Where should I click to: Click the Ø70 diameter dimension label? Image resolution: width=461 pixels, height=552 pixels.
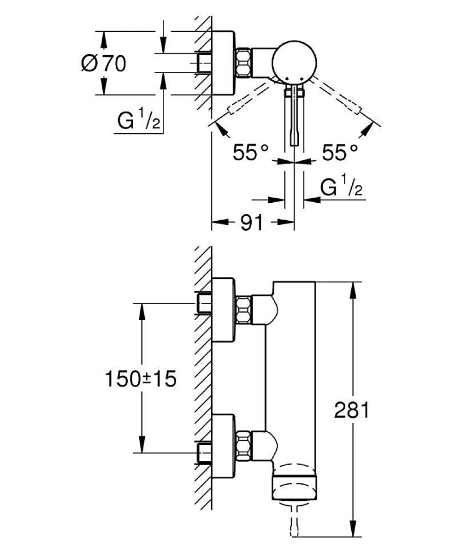click(x=104, y=64)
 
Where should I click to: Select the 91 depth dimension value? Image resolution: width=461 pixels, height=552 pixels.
click(x=251, y=223)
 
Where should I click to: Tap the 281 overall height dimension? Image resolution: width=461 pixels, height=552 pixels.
click(x=352, y=410)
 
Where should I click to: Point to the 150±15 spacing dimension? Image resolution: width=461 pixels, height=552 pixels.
click(x=141, y=379)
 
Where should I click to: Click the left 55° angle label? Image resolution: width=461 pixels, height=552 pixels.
click(x=250, y=153)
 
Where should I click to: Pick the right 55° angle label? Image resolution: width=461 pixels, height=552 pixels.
click(x=339, y=153)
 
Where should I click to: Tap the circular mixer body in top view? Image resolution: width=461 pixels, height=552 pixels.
click(x=295, y=62)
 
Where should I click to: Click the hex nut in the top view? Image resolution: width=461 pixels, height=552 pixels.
click(x=244, y=62)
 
